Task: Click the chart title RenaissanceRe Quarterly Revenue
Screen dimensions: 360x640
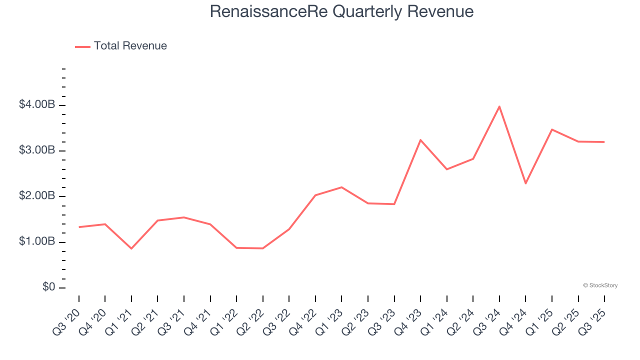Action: (341, 11)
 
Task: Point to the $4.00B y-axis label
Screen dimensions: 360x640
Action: (37, 105)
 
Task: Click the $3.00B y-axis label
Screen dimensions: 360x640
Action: (37, 150)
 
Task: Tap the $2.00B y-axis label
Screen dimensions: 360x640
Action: (37, 196)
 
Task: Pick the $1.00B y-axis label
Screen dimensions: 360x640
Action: (37, 242)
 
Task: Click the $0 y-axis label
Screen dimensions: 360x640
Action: (49, 287)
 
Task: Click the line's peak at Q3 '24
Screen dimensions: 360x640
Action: (499, 106)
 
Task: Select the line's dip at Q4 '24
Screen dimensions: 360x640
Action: (525, 183)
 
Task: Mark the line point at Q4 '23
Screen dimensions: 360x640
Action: (420, 140)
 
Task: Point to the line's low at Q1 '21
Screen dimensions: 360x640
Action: (131, 248)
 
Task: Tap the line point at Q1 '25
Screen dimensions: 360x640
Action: (552, 129)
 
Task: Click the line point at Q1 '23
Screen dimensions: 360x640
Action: (341, 187)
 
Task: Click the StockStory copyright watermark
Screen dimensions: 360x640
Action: (600, 285)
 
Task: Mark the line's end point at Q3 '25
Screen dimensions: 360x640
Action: (604, 142)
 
